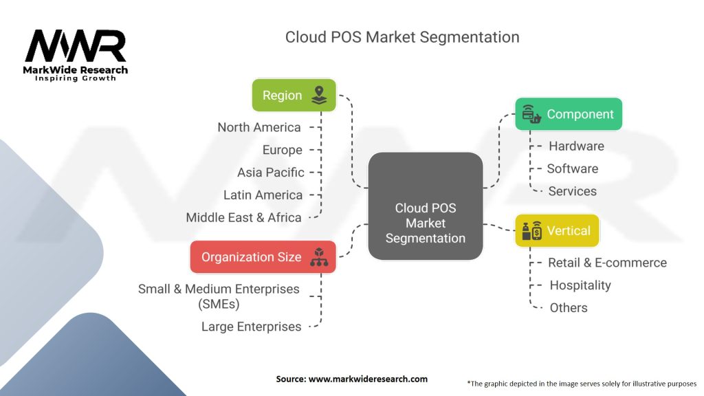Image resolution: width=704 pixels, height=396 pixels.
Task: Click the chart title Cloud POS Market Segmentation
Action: [x=402, y=36]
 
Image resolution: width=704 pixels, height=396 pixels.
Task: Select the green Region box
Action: [x=294, y=96]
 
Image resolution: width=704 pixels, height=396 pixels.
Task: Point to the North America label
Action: [x=259, y=127]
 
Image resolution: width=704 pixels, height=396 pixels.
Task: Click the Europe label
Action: [x=282, y=150]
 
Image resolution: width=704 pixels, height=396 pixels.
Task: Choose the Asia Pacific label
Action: [x=270, y=173]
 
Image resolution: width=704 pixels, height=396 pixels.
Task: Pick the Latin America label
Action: [x=263, y=195]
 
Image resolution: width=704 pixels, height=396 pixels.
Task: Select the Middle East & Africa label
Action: [x=243, y=217]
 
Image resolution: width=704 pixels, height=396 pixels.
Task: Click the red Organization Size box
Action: [x=263, y=257]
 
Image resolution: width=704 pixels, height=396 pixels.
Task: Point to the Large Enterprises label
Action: [x=251, y=327]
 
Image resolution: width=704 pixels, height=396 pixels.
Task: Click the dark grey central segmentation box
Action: [x=425, y=206]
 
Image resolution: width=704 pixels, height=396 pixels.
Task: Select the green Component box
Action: [x=569, y=114]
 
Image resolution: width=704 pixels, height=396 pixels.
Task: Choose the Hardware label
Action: [x=576, y=146]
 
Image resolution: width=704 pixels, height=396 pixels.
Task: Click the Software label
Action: [x=572, y=168]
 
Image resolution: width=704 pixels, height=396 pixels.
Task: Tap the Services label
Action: [x=572, y=191]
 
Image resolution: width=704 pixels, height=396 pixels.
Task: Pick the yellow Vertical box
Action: [x=557, y=231]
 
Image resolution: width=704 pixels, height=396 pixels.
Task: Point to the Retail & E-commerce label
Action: [x=607, y=263]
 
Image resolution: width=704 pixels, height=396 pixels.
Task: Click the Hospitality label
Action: [x=580, y=285]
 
